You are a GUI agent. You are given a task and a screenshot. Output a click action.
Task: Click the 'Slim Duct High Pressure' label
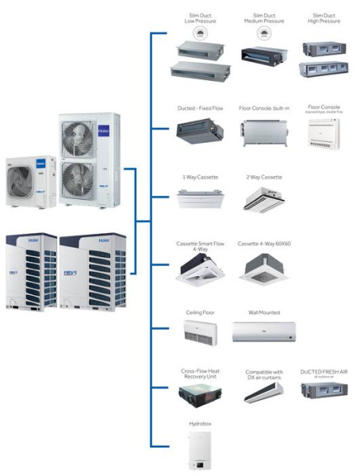click(323, 19)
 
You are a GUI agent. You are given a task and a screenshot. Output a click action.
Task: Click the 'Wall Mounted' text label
click(263, 313)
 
